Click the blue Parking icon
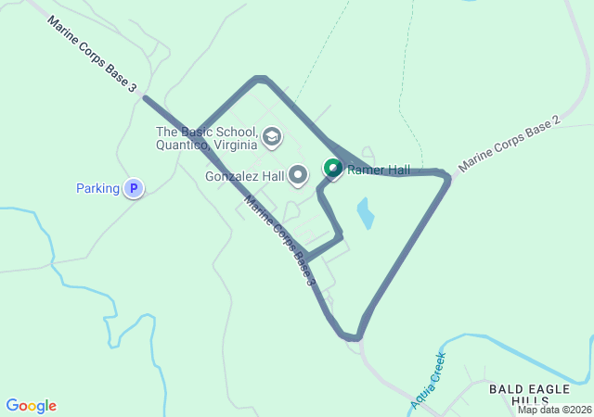click(x=134, y=188)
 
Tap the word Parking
click(x=97, y=189)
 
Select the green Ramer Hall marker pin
click(x=332, y=168)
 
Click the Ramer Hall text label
click(x=379, y=170)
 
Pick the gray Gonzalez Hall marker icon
click(x=298, y=174)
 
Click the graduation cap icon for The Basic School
click(x=271, y=138)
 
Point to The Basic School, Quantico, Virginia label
click(x=206, y=138)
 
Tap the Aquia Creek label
click(x=428, y=380)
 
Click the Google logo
click(x=31, y=406)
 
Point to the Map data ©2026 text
click(x=554, y=410)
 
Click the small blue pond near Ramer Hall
click(x=366, y=214)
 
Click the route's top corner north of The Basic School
click(x=261, y=79)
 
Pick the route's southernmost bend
click(x=352, y=337)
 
